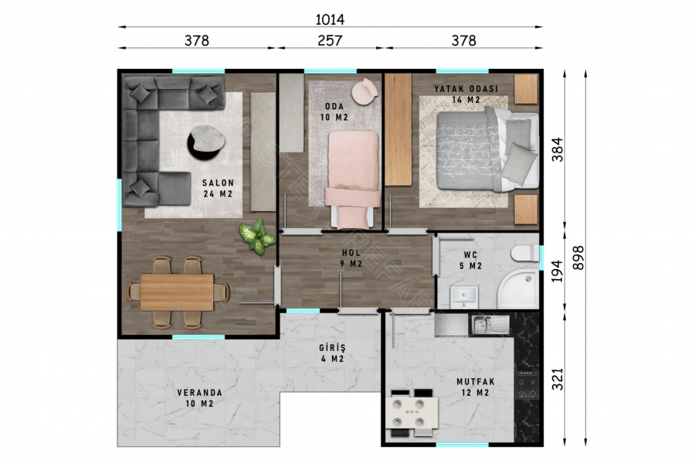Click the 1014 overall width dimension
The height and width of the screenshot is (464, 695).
(330, 19)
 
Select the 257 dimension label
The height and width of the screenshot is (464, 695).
(330, 40)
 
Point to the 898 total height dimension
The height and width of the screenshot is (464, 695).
(578, 258)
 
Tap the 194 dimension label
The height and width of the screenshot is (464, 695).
(557, 271)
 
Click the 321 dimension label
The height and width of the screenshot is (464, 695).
(557, 379)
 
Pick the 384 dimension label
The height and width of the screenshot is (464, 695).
(557, 149)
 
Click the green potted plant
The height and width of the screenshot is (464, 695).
(257, 236)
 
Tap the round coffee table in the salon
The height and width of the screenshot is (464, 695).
(206, 142)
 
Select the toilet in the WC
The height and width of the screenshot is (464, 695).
(524, 254)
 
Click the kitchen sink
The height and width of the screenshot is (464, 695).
(490, 325)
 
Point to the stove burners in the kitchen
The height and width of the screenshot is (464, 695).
(527, 385)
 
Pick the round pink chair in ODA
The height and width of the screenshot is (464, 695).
(364, 92)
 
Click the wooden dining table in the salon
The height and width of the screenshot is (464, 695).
(177, 292)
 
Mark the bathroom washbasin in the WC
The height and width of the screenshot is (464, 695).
(464, 297)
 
